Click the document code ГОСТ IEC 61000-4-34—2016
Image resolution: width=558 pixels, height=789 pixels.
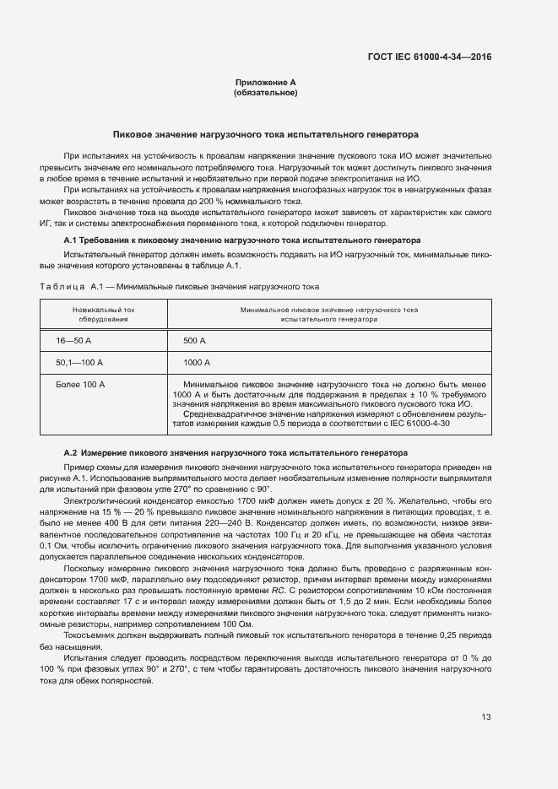[430, 57]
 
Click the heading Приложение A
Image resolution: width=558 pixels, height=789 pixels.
[265, 83]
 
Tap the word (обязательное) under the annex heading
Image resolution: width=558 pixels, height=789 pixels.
[265, 92]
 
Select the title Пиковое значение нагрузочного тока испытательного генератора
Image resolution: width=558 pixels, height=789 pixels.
[266, 134]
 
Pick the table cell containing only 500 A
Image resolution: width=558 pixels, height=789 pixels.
[194, 340]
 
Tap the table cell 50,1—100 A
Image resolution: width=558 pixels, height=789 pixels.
[79, 362]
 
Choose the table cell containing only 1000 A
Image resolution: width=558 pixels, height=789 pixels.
[196, 362]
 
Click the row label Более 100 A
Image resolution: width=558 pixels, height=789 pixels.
[80, 384]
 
